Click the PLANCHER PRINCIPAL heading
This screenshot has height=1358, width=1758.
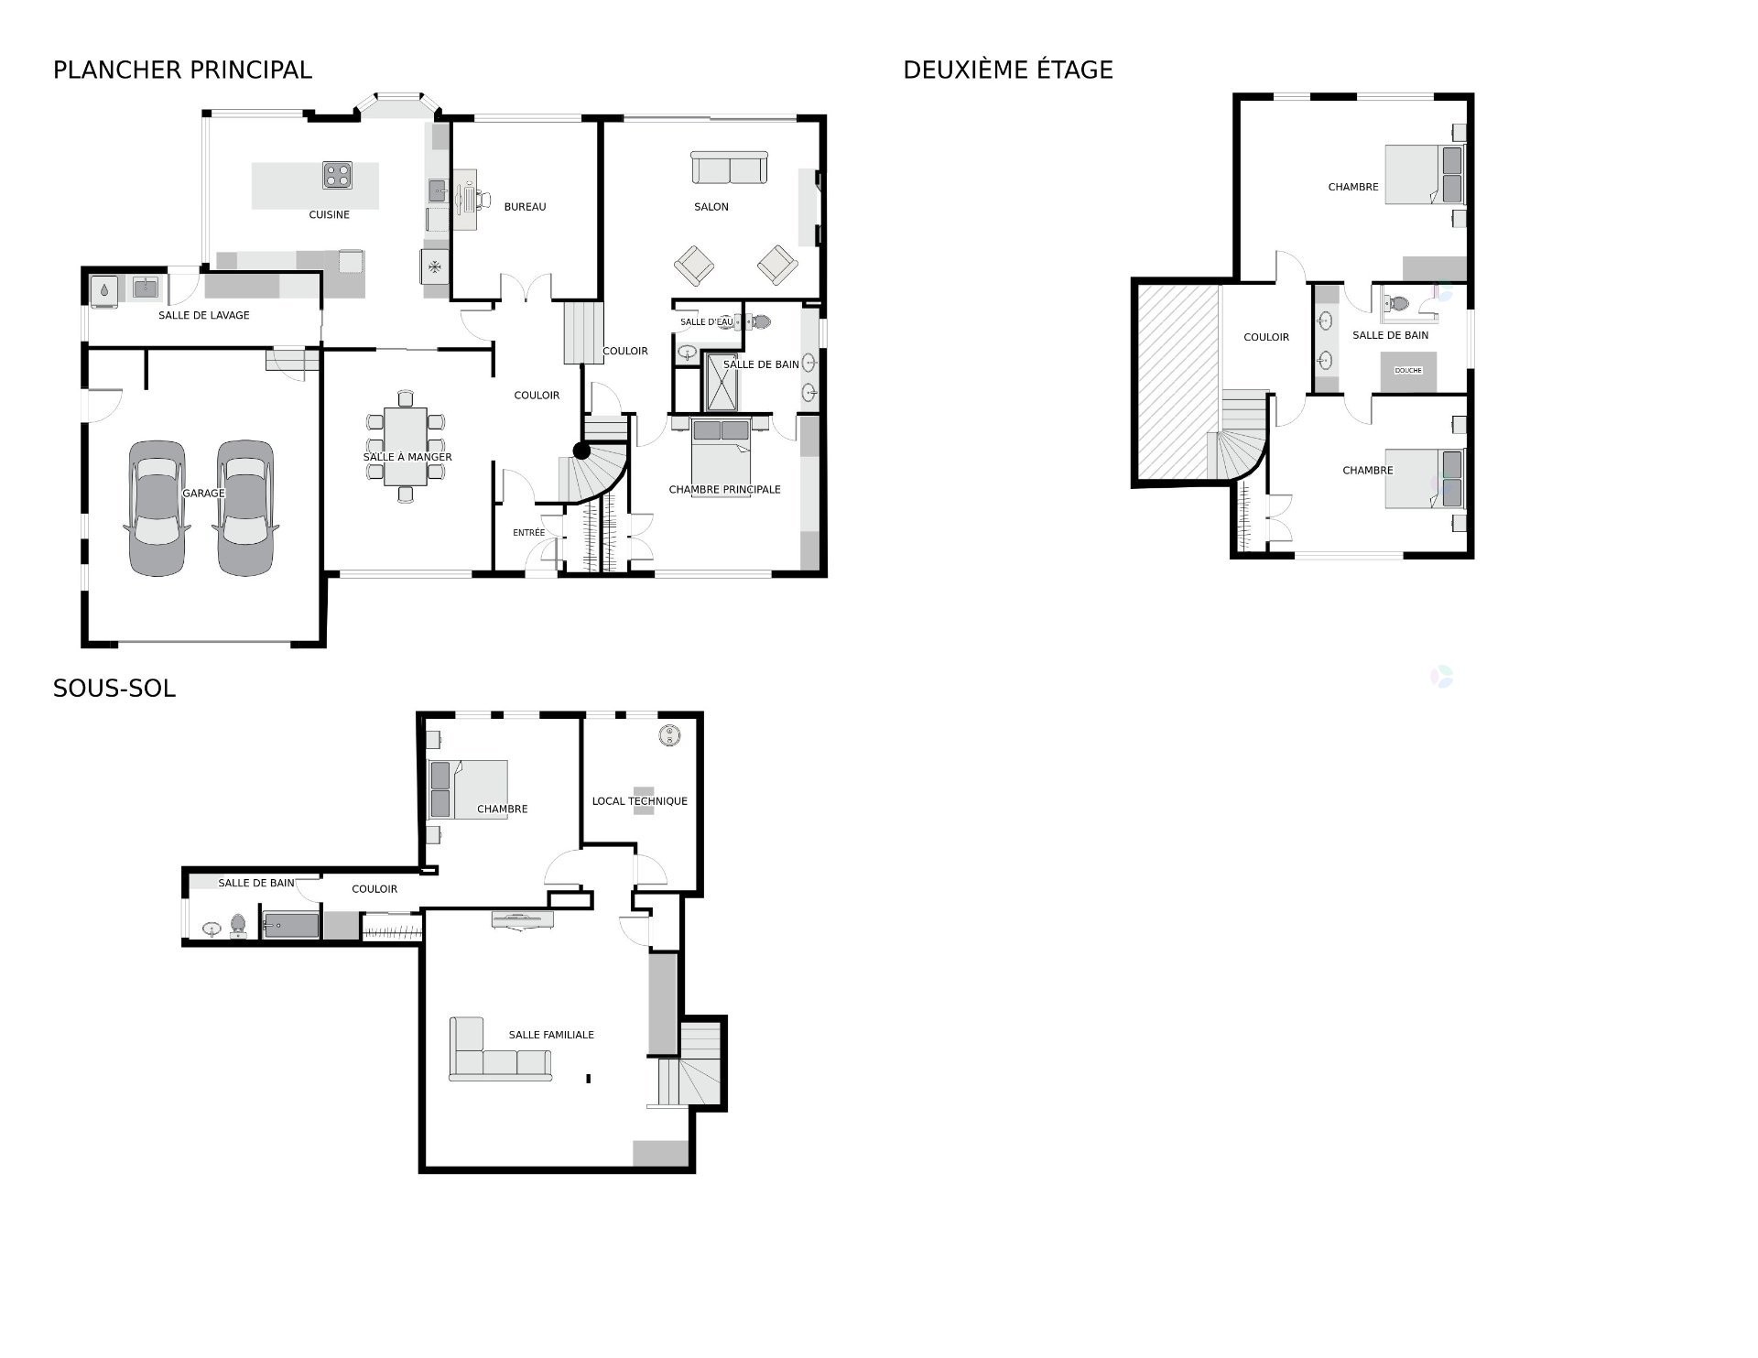tap(182, 70)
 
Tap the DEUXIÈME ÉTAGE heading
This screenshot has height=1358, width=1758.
tap(1007, 70)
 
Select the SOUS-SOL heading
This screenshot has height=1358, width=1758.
tap(114, 689)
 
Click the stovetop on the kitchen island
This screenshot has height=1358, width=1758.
tap(337, 175)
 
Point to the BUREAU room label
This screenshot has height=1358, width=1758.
tap(525, 207)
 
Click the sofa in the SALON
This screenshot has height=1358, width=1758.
tap(729, 168)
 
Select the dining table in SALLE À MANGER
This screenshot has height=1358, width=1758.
tap(405, 446)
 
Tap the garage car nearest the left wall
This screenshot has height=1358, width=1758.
tap(157, 508)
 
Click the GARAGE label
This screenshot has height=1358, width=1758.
tap(203, 494)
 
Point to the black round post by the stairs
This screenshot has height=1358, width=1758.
tap(581, 451)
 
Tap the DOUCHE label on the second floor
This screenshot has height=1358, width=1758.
tap(1407, 371)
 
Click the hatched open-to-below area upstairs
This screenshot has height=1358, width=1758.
tap(1178, 380)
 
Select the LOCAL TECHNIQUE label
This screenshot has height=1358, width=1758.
tap(639, 801)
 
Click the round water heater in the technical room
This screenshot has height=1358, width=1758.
tap(670, 735)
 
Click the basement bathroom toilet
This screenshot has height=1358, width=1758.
tap(238, 926)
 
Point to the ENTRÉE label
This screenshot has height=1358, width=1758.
tap(528, 533)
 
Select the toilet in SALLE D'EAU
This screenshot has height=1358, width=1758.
tap(758, 321)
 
